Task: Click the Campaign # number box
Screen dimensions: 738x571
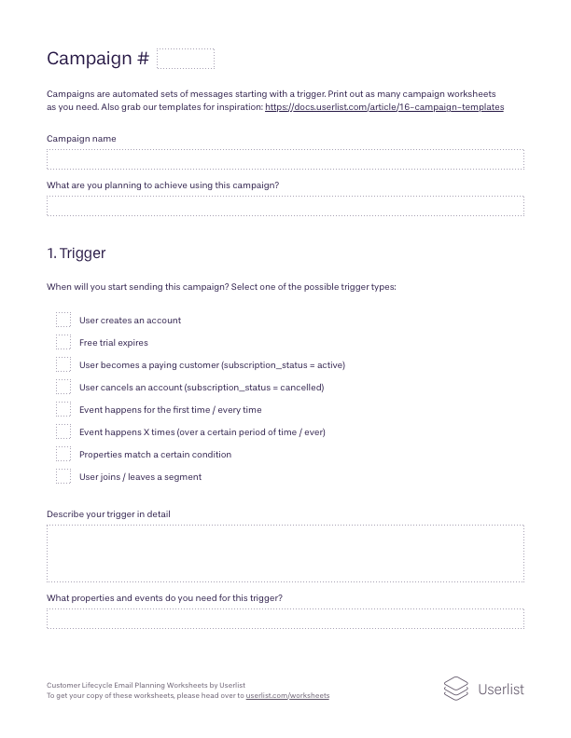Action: click(186, 60)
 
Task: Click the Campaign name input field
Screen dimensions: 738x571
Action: click(285, 159)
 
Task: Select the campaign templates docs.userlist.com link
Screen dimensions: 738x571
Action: click(384, 107)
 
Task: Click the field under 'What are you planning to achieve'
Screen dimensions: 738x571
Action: click(285, 206)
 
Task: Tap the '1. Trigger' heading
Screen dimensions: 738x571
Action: click(76, 253)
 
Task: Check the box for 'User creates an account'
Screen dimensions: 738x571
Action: click(63, 320)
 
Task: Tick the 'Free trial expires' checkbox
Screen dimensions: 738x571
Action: click(63, 342)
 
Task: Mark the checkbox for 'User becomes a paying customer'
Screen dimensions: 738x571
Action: click(63, 364)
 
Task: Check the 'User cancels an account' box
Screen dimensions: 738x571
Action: click(63, 387)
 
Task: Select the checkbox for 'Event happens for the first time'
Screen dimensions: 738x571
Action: click(63, 409)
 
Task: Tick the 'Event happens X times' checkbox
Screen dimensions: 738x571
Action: click(63, 431)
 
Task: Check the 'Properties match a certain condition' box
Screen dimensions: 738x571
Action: click(63, 454)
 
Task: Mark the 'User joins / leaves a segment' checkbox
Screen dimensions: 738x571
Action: click(63, 476)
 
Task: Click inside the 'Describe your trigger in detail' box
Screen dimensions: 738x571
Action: click(285, 553)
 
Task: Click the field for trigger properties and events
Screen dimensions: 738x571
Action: click(285, 619)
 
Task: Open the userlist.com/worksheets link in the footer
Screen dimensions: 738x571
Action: click(287, 696)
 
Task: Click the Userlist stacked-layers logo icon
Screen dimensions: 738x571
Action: click(455, 689)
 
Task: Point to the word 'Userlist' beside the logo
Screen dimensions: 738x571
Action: click(501, 690)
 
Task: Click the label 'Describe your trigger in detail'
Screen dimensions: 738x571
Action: click(108, 514)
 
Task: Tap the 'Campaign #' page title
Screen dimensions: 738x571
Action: click(97, 59)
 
